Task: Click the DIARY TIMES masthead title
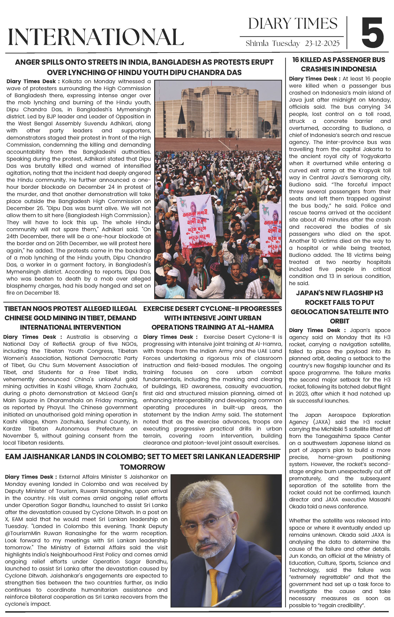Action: (x=293, y=24)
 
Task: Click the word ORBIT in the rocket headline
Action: (x=339, y=321)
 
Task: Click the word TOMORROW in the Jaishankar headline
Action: (x=143, y=467)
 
